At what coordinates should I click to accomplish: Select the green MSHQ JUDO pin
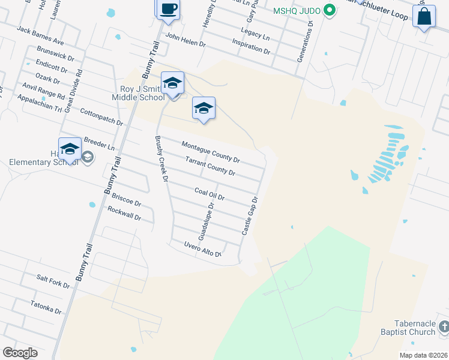coord(328,11)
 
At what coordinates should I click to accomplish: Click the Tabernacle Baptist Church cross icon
coord(443,327)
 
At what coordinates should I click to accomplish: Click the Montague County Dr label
coord(211,152)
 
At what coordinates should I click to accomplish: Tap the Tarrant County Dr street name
coord(210,167)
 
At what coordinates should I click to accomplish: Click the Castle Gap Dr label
coord(250,216)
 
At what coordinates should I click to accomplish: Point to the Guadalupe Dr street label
coord(206,221)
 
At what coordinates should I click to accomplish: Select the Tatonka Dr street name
coord(46,307)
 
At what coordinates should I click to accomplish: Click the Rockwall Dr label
coord(124,213)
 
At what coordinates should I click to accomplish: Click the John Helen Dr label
coord(185,40)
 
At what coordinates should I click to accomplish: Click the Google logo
coord(19,353)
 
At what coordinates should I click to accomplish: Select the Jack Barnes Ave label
coord(40,35)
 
